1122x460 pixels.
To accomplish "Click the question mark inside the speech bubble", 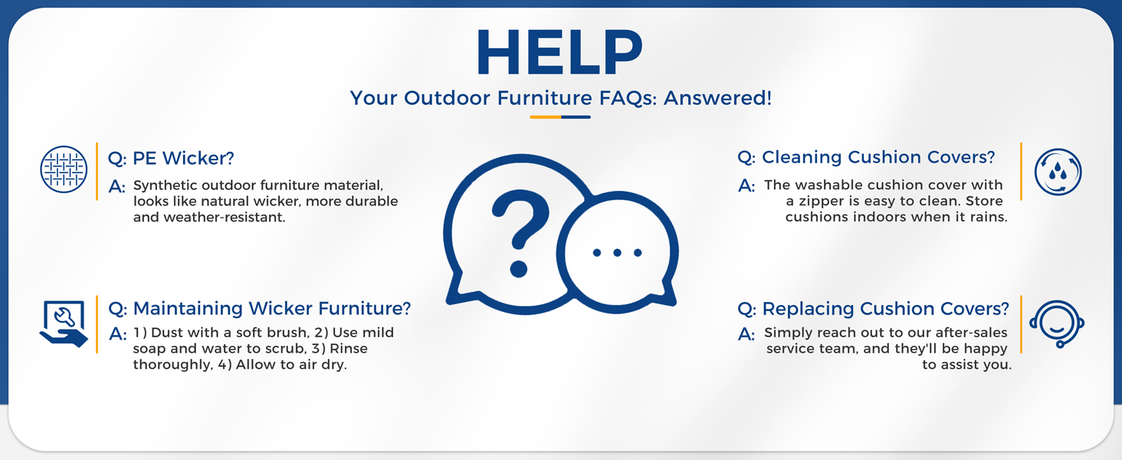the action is [520, 234].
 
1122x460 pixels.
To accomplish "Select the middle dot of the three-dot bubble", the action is [617, 252].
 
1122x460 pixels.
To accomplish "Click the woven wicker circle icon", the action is [64, 169].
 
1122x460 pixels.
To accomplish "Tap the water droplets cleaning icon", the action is [1058, 172].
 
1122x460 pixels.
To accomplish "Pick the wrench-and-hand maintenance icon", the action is [64, 324].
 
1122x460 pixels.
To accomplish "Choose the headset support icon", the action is [1057, 324].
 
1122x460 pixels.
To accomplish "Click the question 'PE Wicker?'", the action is [171, 159].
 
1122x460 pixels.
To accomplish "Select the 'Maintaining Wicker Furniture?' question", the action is [260, 308].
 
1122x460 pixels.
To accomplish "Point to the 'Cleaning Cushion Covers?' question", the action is [866, 157].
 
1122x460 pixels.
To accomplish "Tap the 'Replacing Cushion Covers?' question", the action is [873, 309].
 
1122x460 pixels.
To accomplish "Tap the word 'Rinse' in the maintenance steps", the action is [349, 349].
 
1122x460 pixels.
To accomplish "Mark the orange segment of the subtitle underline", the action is [546, 117].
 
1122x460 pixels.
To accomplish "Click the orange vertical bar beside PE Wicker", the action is [97, 172].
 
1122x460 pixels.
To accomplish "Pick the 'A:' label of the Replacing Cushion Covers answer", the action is [746, 334].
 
